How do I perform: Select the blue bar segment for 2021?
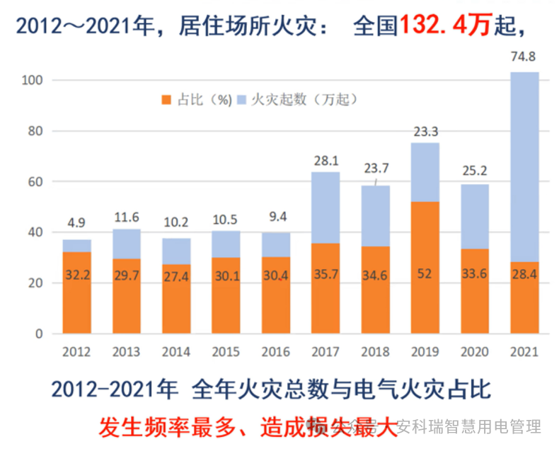pos(524,166)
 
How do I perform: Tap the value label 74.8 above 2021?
pos(524,57)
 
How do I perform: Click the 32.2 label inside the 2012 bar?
pos(76,275)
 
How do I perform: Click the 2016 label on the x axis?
pos(275,352)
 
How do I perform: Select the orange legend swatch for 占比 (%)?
pos(167,100)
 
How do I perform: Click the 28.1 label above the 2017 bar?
pos(325,161)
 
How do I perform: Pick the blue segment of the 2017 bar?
pos(325,208)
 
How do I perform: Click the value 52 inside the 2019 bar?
pos(424,275)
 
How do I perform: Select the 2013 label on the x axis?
pos(126,352)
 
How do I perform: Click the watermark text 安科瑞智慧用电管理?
pos(468,427)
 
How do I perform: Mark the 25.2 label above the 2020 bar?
pos(474,170)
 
